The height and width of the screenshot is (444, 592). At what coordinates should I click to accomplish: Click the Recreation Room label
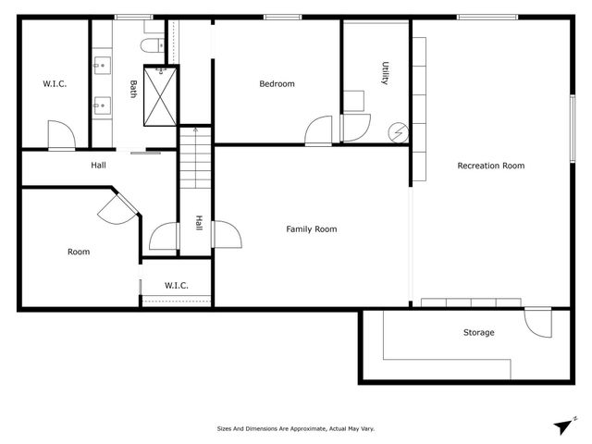pos(491,166)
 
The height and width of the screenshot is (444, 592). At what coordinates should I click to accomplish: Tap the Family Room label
pos(311,229)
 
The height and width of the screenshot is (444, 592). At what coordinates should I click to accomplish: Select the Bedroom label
pos(277,84)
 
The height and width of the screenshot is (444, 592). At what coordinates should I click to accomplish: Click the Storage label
pos(478,332)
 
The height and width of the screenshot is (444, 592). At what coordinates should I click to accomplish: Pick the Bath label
pos(133,89)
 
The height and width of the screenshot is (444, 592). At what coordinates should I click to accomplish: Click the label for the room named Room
pos(79,252)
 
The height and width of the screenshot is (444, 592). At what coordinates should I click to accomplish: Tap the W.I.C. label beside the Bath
pos(55,84)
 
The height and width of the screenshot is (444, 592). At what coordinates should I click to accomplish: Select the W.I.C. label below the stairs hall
pos(177,285)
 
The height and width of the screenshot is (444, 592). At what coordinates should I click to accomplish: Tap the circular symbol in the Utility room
pos(399,132)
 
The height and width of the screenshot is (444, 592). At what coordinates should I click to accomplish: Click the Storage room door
pos(536,324)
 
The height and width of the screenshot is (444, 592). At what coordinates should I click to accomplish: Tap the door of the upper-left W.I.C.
pos(60,135)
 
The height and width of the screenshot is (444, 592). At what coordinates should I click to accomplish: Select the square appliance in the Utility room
pos(354,102)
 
